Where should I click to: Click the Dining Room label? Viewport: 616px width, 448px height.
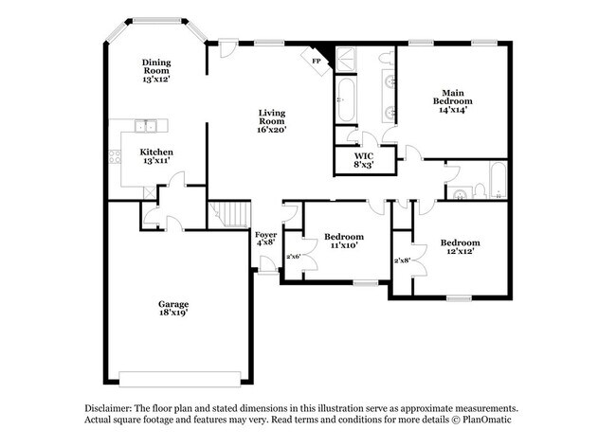tap(156, 65)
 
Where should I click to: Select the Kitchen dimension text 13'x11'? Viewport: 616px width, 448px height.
tap(156, 162)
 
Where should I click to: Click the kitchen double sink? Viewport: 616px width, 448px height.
tap(146, 125)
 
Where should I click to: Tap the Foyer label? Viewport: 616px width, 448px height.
tap(265, 234)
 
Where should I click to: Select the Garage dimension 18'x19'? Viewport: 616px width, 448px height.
tap(172, 314)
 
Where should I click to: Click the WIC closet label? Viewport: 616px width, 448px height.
tap(363, 154)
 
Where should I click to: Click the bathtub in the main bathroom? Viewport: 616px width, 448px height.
tap(344, 99)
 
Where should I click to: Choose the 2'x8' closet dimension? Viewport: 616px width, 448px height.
tap(402, 260)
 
